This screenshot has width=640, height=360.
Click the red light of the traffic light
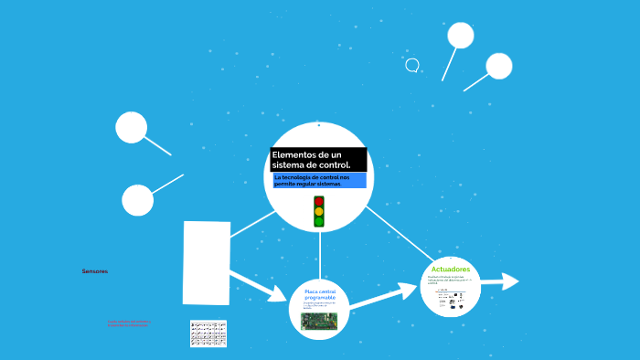point(319,201)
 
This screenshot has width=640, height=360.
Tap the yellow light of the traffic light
point(319,211)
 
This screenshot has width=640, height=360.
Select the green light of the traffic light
point(319,221)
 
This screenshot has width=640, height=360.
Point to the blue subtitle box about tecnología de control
point(318,180)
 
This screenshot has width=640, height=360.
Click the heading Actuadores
point(450,270)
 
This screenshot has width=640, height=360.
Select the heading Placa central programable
point(320,295)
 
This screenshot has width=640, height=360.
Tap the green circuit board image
point(319,321)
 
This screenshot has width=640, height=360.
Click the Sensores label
point(94,271)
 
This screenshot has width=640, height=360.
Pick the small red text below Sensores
point(129,323)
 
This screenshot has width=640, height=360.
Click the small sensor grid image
point(208,334)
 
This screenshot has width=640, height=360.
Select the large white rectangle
point(207,263)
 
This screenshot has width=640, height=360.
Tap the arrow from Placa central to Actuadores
point(382,295)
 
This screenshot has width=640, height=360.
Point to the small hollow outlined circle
point(412,65)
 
